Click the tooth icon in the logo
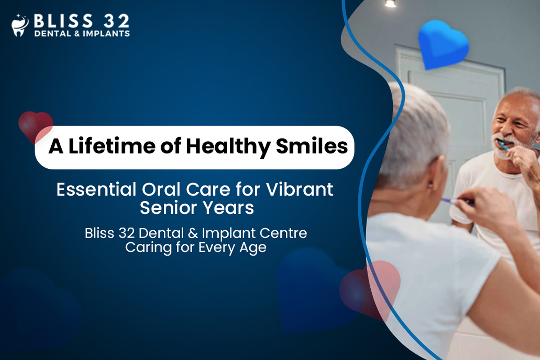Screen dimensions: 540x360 [20, 25]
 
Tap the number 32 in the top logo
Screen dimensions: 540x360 [117, 21]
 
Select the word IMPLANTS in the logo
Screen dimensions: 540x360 [106, 33]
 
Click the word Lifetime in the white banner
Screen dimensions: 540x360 [112, 146]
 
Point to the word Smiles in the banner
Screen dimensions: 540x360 [312, 146]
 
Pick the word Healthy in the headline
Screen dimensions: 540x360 [228, 147]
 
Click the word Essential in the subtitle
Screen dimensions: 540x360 [96, 189]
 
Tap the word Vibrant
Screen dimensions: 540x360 [300, 189]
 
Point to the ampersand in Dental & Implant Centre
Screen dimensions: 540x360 [193, 234]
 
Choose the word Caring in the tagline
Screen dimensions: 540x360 [148, 248]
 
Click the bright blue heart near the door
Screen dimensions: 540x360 [443, 45]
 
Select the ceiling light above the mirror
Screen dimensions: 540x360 [390, 4]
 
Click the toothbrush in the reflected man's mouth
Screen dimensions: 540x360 [504, 145]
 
